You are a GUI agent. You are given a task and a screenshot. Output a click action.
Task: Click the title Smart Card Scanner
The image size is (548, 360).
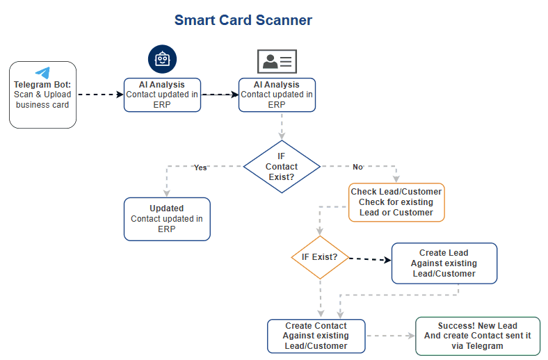(x=243, y=20)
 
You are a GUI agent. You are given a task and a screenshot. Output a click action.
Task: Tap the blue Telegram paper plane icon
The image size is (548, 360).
(x=42, y=73)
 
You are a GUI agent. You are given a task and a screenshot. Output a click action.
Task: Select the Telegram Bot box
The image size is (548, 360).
(x=42, y=95)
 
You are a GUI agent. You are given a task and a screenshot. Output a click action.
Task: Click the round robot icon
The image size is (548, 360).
(x=163, y=60)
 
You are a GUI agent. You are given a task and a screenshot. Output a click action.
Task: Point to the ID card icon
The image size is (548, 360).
(x=277, y=62)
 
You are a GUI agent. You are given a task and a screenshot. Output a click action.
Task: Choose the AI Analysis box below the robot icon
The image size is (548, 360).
(x=163, y=95)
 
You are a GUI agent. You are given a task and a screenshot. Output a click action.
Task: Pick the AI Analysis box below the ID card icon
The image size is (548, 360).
(x=277, y=95)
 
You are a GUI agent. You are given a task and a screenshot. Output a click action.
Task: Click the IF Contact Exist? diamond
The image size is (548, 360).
(x=282, y=167)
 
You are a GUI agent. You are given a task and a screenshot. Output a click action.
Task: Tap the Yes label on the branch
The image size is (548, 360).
(x=200, y=167)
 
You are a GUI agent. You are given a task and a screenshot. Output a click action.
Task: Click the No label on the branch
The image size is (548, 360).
(x=357, y=167)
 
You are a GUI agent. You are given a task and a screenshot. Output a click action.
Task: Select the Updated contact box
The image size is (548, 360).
(x=167, y=218)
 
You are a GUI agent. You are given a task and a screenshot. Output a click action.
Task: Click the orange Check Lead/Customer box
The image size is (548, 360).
(x=396, y=202)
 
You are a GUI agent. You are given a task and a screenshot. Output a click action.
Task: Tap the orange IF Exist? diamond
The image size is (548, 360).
(x=320, y=257)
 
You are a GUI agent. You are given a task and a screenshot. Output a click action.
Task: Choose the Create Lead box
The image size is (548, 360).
(x=444, y=263)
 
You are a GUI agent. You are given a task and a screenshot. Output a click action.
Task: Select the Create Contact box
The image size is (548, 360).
(x=316, y=336)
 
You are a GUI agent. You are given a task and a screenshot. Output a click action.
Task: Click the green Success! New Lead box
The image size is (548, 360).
(x=477, y=336)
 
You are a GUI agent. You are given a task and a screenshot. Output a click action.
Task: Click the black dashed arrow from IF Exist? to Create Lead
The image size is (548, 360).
(x=369, y=260)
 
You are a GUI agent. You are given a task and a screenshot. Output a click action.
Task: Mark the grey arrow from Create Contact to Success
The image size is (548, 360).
(x=389, y=336)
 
